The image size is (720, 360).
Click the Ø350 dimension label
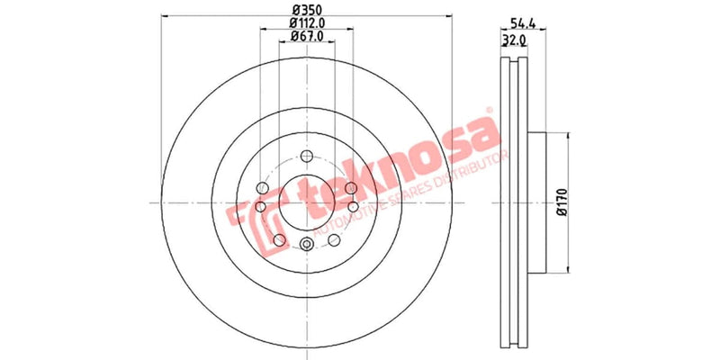(x=306, y=11)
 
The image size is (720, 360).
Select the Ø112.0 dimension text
(x=306, y=23)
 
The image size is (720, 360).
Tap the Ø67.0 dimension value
(x=306, y=36)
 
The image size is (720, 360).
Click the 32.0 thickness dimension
(x=514, y=40)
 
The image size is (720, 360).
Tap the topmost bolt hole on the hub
(x=306, y=155)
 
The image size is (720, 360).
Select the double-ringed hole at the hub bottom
(x=306, y=246)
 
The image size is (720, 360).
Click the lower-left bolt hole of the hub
(x=279, y=238)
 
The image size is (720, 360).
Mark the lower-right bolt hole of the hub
(x=334, y=238)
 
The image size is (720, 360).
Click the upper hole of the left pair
(x=263, y=188)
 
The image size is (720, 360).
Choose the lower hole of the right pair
(x=350, y=208)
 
